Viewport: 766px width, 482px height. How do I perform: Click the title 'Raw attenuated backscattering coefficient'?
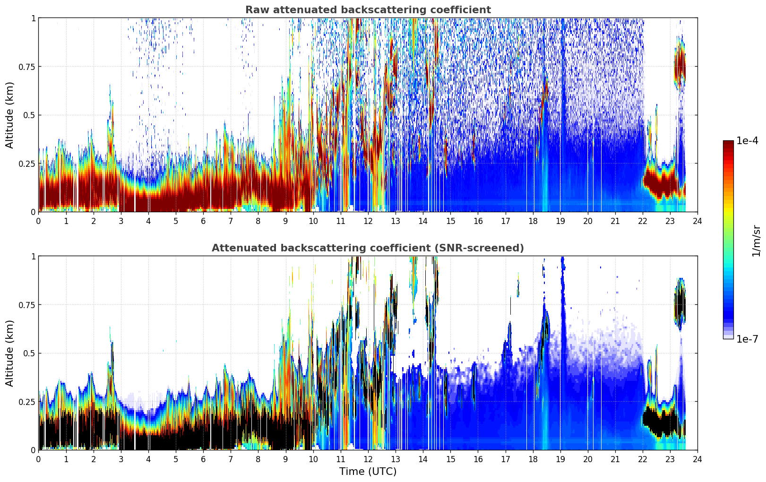(x=368, y=9)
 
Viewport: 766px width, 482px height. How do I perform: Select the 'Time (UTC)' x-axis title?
(x=368, y=472)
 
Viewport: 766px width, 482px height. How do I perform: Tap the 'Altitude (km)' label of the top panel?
(x=9, y=115)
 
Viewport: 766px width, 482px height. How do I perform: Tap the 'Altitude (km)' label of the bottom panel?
(x=9, y=353)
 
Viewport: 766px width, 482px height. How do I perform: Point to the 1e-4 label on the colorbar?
(x=747, y=140)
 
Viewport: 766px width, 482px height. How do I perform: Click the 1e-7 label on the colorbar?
(x=747, y=339)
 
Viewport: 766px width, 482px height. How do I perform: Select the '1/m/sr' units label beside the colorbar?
(x=756, y=241)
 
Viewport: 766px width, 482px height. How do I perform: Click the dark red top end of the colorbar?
(x=728, y=142)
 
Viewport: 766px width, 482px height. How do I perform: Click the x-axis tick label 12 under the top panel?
(x=368, y=221)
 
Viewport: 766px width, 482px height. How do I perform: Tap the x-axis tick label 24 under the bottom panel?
(x=697, y=459)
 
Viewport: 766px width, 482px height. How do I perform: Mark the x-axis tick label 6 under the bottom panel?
(x=203, y=459)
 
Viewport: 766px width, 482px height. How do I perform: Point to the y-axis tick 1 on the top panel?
(x=34, y=18)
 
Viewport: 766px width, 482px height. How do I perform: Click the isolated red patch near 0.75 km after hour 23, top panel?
(x=680, y=67)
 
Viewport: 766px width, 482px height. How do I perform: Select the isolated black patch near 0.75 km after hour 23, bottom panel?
(x=680, y=304)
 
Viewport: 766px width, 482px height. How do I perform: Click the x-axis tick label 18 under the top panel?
(x=533, y=221)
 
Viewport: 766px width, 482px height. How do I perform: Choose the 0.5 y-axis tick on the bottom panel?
(x=29, y=353)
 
